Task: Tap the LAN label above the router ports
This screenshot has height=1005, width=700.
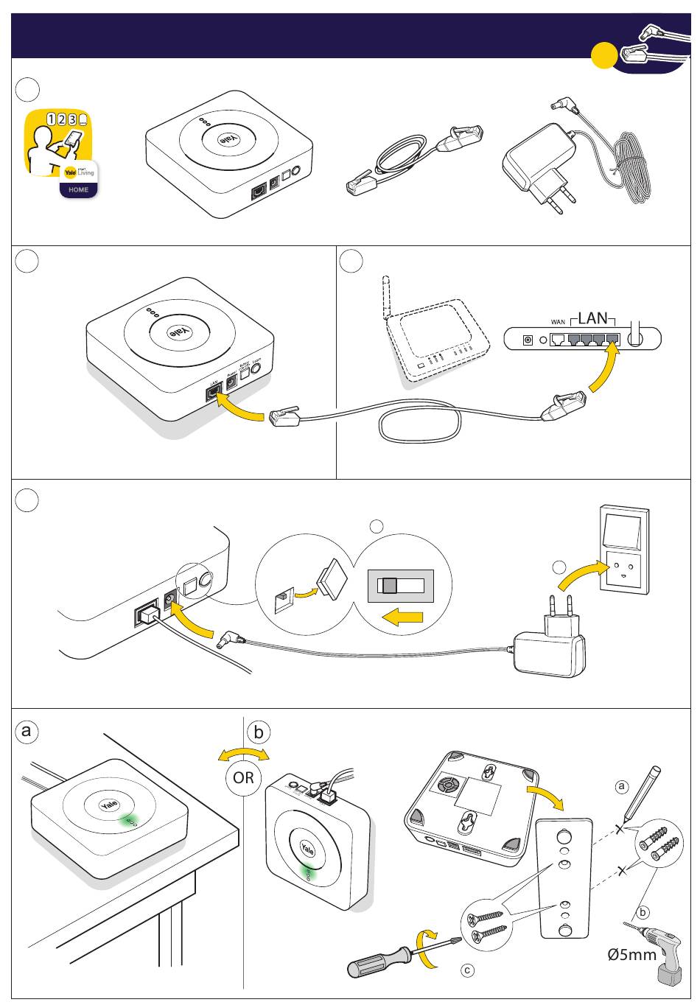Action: (592, 318)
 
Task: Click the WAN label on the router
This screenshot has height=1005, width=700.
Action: (558, 322)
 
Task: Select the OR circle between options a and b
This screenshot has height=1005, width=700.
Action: (243, 777)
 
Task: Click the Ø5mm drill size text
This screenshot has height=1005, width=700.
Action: (631, 955)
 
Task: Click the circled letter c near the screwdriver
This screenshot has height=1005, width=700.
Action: (467, 970)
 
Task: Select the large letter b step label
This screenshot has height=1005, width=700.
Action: (259, 733)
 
